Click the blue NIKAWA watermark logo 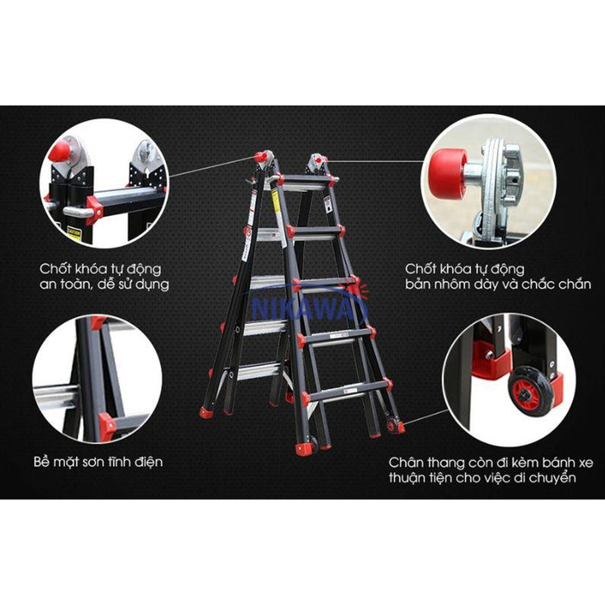click(x=309, y=307)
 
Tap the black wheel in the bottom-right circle click(x=530, y=392)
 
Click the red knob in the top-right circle click(x=449, y=174)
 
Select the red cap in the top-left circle click(x=60, y=151)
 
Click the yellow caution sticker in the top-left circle click(x=74, y=234)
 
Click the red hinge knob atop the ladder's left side click(x=260, y=157)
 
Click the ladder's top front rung click(x=305, y=179)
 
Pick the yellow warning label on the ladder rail click(x=275, y=201)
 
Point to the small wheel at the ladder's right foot click(x=392, y=424)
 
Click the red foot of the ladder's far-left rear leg click(x=206, y=413)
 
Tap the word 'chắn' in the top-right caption click(x=575, y=284)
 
